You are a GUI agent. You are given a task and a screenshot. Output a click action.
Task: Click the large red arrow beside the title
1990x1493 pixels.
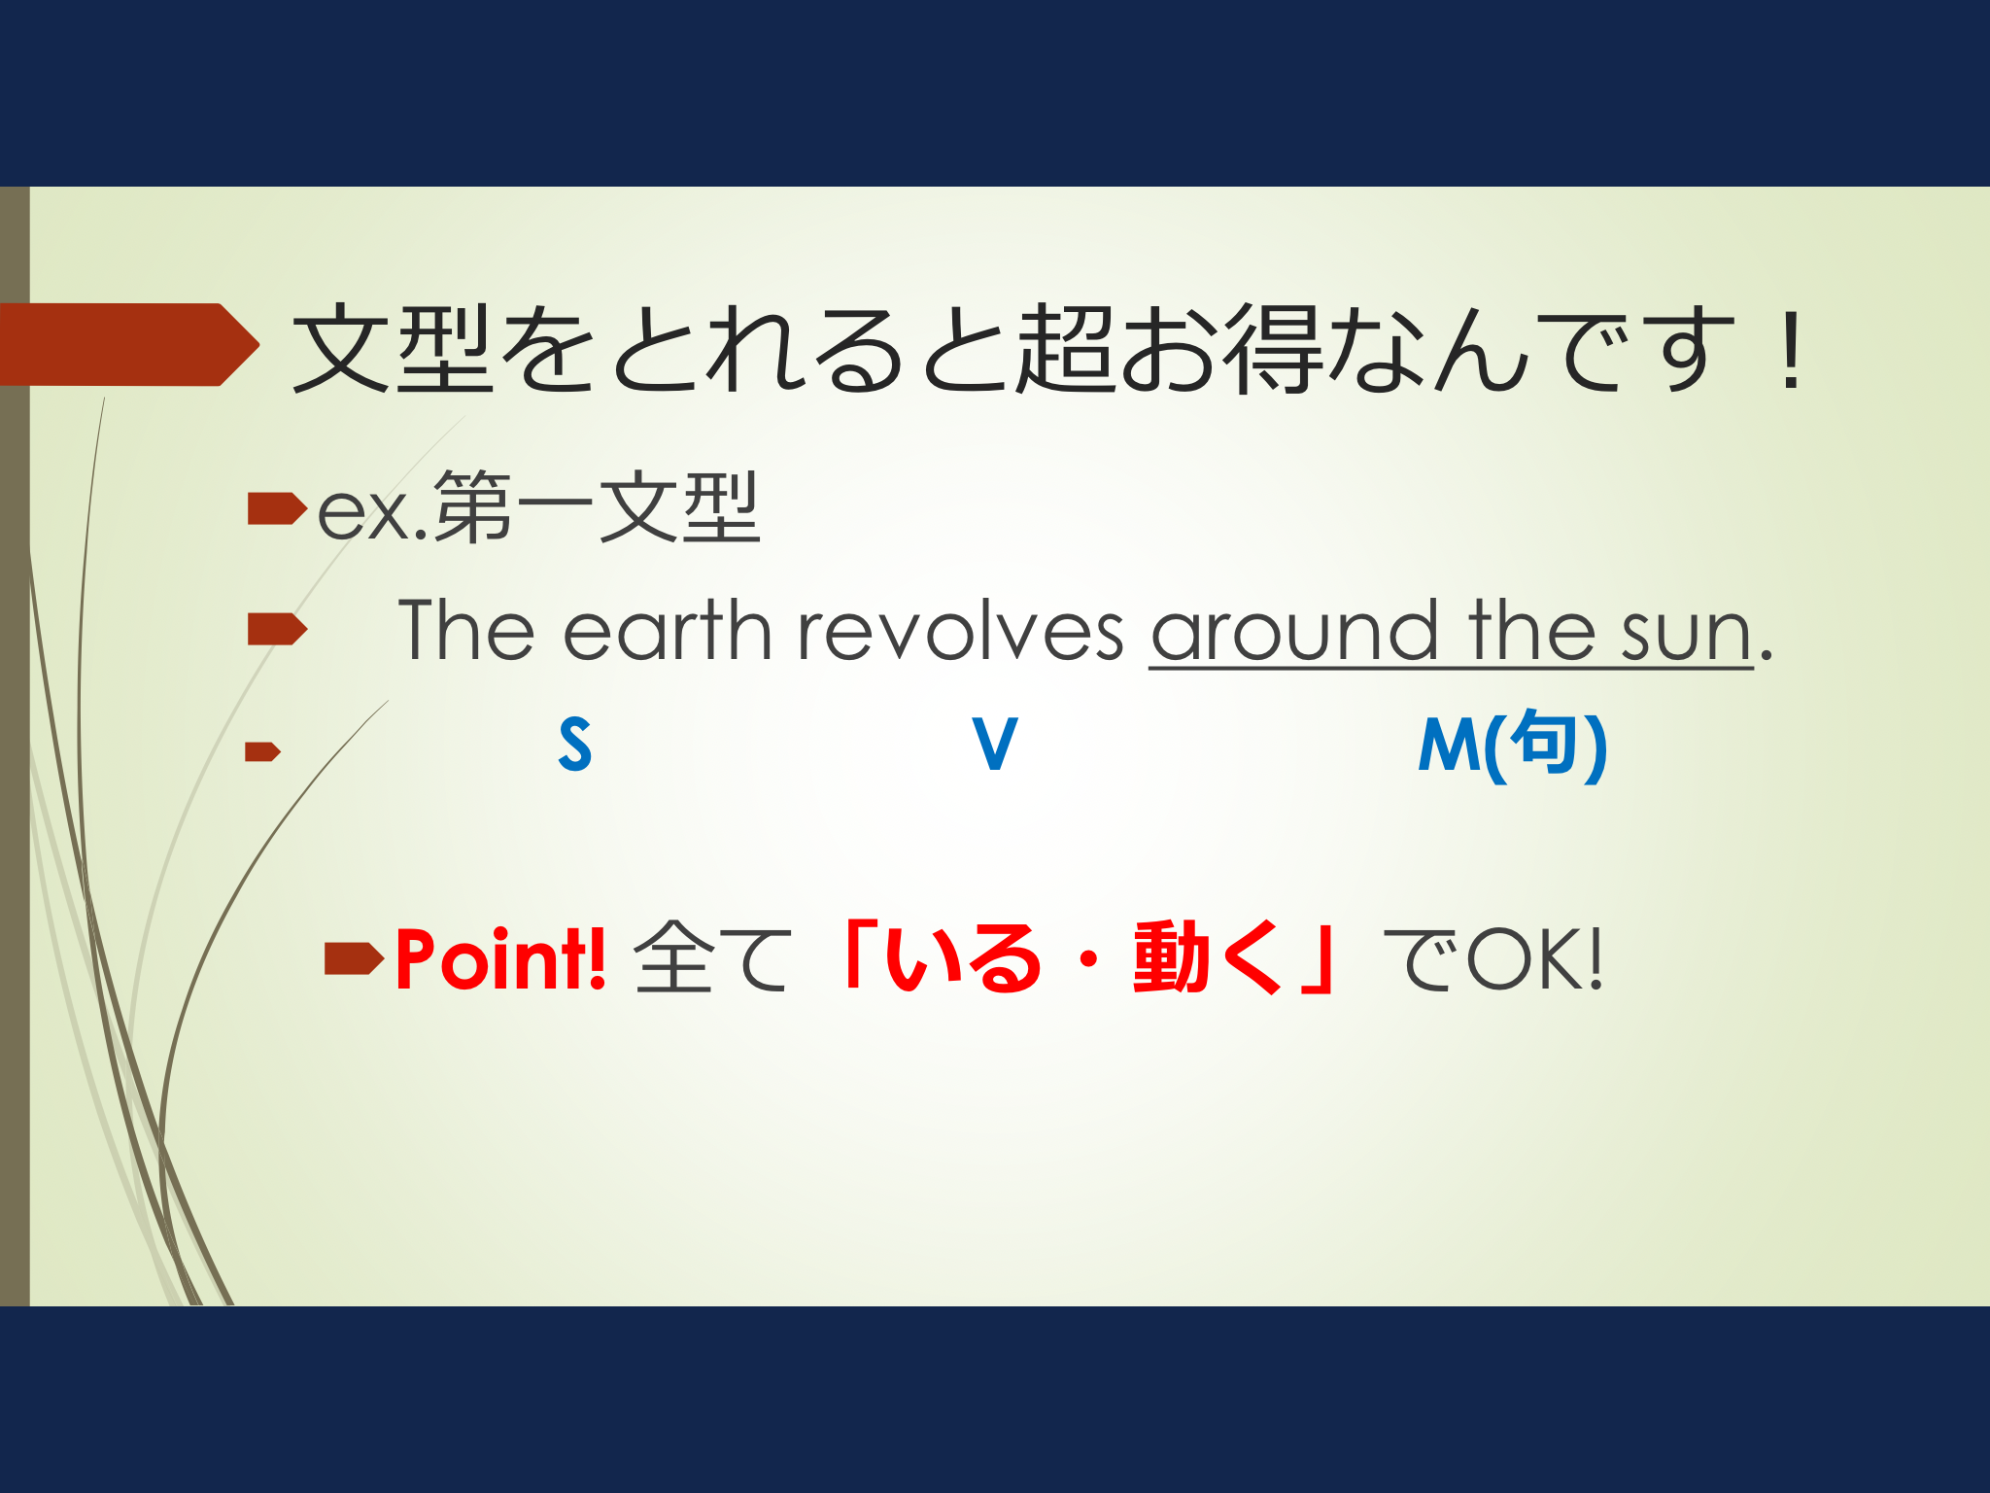point(129,344)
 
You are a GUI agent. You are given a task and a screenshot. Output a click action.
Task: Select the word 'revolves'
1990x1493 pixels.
point(961,632)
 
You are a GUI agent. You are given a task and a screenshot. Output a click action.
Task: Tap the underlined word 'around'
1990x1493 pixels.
point(1294,632)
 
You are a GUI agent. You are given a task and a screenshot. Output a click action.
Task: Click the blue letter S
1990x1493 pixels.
point(575,745)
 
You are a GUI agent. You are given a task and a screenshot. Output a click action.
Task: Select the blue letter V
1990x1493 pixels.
point(995,745)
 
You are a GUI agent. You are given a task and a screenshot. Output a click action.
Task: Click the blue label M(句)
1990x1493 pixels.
point(1513,745)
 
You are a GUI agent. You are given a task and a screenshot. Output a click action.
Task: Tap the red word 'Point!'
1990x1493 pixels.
point(501,959)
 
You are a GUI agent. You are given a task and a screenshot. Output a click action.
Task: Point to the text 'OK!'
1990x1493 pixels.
point(1534,959)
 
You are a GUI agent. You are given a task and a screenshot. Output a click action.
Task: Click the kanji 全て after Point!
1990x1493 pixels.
point(712,958)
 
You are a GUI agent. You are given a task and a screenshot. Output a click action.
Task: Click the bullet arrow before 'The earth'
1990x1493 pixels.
point(277,629)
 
